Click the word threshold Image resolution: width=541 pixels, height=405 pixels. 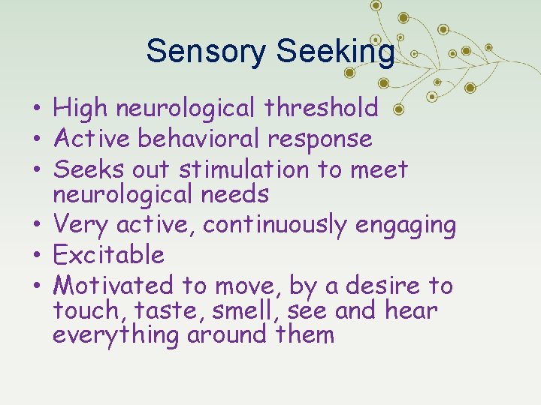[x=322, y=109]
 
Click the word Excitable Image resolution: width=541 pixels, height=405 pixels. [x=108, y=255]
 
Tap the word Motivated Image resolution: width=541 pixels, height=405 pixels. [x=113, y=285]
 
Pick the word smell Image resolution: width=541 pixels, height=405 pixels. [x=242, y=310]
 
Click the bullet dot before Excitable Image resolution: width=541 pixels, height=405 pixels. [x=36, y=256]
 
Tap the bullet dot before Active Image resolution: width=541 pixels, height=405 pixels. [x=36, y=139]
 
